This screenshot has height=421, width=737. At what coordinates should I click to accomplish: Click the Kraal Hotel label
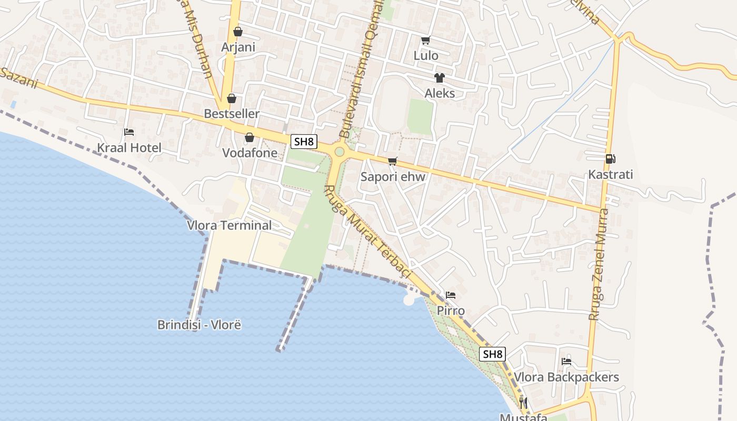tap(129, 148)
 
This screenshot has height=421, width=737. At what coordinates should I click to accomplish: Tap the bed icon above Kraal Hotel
tap(129, 132)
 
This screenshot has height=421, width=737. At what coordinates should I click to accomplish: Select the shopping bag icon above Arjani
tap(238, 32)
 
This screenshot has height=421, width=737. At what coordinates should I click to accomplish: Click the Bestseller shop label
tap(232, 114)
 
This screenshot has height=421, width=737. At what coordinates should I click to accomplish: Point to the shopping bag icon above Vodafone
tap(250, 137)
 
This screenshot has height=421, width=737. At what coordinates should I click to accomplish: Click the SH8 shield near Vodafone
tap(304, 141)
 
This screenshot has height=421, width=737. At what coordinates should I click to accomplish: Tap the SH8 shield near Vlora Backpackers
tap(493, 354)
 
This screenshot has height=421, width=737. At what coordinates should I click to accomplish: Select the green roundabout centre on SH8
tap(340, 152)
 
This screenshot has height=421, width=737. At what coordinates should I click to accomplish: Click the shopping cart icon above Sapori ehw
tap(392, 162)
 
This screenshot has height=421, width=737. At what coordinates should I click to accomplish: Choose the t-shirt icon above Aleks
tap(440, 78)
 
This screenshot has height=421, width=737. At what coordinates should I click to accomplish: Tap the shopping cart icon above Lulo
tap(426, 40)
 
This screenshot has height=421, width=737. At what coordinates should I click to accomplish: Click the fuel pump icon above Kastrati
tap(610, 158)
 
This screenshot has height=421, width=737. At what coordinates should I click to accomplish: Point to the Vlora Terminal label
tap(230, 225)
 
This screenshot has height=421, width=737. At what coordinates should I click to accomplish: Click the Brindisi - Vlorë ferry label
tap(199, 325)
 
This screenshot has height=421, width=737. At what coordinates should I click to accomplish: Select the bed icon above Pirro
tap(451, 295)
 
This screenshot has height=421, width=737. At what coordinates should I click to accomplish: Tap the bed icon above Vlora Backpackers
tap(566, 362)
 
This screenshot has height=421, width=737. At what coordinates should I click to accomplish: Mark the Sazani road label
tap(20, 78)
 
